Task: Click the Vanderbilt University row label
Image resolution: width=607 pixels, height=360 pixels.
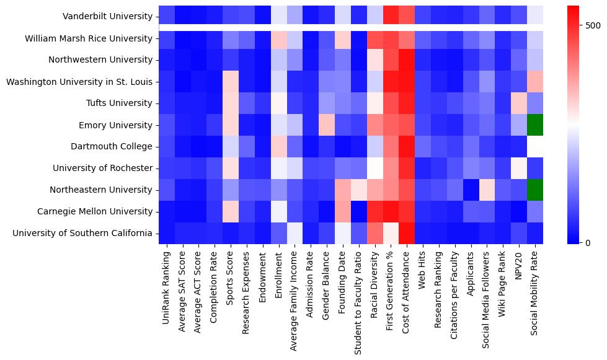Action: click(x=107, y=17)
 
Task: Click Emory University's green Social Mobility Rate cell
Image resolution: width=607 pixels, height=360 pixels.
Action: click(x=535, y=125)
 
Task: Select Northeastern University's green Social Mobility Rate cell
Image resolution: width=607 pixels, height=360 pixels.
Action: click(x=535, y=190)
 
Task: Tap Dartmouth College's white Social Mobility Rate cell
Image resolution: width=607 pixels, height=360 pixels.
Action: click(x=535, y=147)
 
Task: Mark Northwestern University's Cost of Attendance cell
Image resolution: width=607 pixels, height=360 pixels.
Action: click(x=407, y=60)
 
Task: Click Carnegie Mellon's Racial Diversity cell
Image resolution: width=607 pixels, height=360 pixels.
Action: click(x=374, y=212)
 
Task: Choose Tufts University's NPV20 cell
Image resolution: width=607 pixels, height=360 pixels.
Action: click(x=519, y=103)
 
